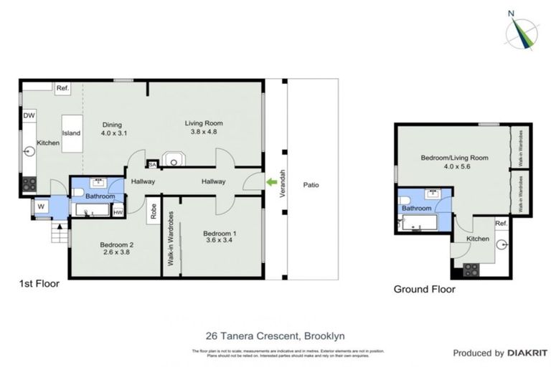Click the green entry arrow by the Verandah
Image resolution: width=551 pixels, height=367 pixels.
pyautogui.click(x=271, y=183)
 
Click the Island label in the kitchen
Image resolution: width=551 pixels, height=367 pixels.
pyautogui.click(x=71, y=133)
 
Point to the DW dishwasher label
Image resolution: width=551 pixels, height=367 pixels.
pyautogui.click(x=29, y=115)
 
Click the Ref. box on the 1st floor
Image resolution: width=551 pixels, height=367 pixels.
pyautogui.click(x=62, y=88)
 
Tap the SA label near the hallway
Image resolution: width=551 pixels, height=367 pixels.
pyautogui.click(x=151, y=164)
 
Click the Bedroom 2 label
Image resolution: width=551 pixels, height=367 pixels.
pyautogui.click(x=116, y=244)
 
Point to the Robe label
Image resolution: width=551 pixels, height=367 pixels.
pyautogui.click(x=154, y=211)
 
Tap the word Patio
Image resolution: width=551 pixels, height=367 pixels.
pyautogui.click(x=311, y=185)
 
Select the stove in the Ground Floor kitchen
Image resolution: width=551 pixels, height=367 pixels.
pyautogui.click(x=472, y=270)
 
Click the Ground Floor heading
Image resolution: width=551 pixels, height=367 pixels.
pyautogui.click(x=424, y=290)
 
